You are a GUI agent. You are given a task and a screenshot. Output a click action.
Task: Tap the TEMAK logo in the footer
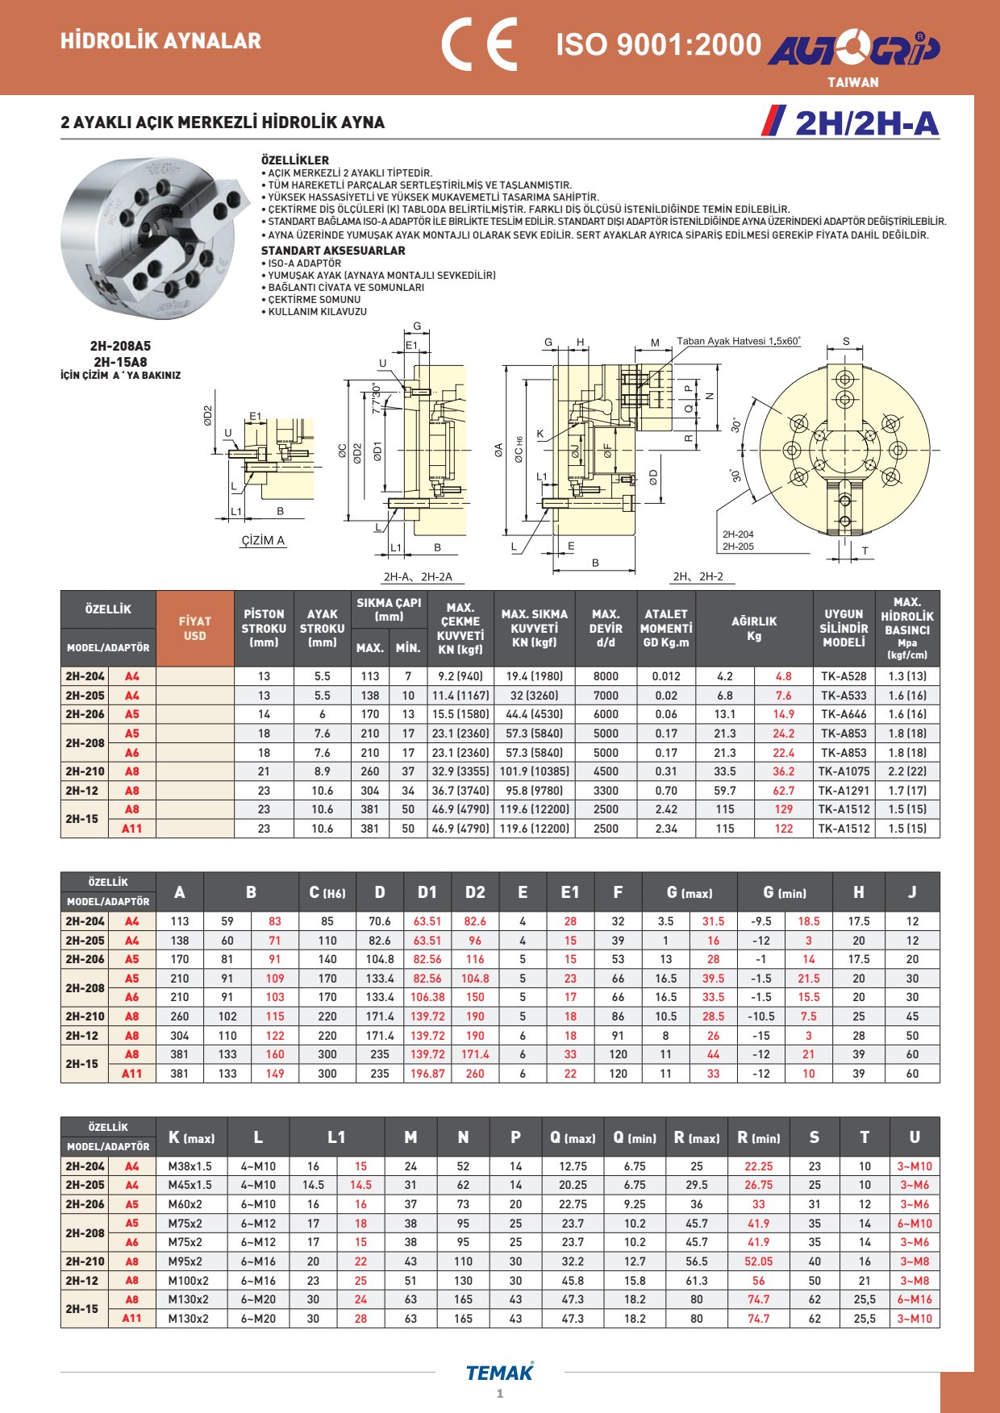click(x=499, y=1373)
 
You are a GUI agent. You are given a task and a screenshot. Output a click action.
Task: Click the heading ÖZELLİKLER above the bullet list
click(x=294, y=160)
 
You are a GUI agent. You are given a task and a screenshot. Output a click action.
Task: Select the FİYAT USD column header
click(x=194, y=628)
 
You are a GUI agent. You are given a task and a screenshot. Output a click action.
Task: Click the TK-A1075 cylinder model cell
click(x=844, y=771)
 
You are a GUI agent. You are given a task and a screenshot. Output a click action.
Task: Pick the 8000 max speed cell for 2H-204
click(x=606, y=676)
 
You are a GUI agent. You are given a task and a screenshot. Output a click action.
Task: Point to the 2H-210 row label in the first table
click(x=85, y=771)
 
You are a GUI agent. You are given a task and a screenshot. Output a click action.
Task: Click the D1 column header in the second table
click(x=427, y=892)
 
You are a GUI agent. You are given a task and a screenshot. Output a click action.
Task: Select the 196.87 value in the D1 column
click(x=427, y=1074)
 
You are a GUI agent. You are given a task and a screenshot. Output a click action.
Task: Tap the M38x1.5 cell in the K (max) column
click(x=190, y=1166)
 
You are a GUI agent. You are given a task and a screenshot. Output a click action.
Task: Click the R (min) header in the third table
click(x=758, y=1138)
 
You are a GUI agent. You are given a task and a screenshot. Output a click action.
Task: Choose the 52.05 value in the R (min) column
click(x=758, y=1261)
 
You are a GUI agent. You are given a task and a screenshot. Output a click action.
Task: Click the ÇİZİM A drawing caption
click(x=263, y=540)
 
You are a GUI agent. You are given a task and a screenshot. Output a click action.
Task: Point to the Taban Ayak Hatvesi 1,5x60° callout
click(x=738, y=341)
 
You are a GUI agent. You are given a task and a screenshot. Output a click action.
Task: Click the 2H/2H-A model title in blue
click(x=866, y=123)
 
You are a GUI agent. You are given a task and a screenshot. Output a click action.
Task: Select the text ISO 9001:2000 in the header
click(x=658, y=44)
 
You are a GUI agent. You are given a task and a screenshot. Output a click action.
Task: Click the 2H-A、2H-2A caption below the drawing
click(x=418, y=576)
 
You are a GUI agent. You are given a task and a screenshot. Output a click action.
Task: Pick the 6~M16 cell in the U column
click(x=915, y=1299)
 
